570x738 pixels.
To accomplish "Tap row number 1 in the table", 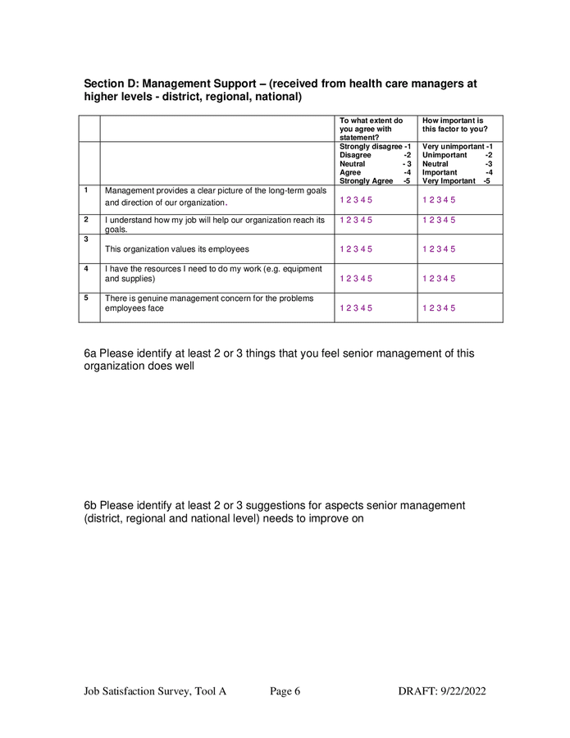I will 86,190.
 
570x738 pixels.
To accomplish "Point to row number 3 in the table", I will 86,239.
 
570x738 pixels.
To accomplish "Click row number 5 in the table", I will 86,298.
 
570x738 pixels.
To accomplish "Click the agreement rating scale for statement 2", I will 356,220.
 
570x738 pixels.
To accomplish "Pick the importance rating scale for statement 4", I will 439,279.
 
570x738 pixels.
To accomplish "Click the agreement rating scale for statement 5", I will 356,308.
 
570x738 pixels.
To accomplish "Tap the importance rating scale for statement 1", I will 439,200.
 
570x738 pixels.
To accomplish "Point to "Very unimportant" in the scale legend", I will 452,147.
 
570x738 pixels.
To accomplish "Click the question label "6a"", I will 91,353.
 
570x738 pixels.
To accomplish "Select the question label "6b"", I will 91,505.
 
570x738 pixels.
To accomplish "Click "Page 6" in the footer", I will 285,691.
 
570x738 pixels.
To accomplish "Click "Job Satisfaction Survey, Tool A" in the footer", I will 155,691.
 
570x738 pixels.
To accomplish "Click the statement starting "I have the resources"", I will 213,274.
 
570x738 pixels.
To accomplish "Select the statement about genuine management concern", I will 208,303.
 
